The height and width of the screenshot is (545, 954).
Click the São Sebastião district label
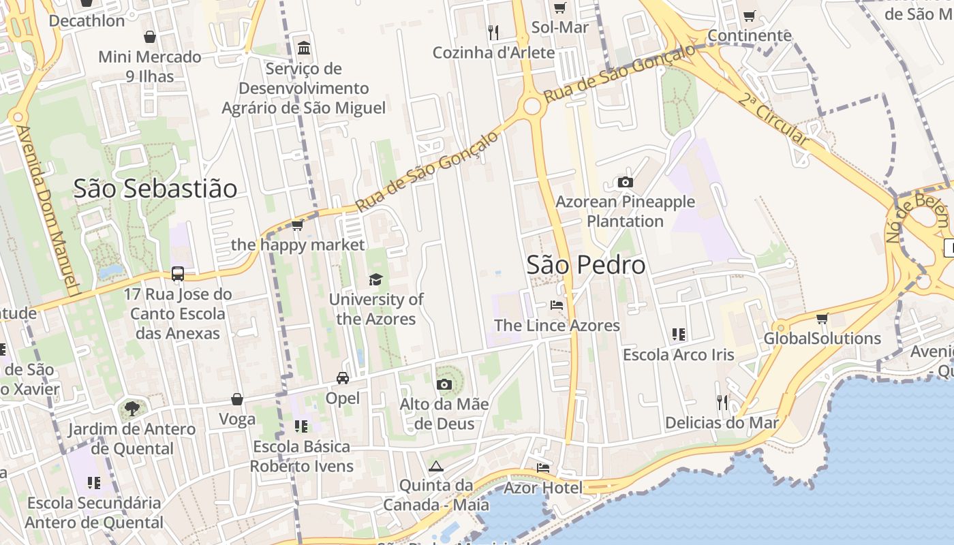coord(155,189)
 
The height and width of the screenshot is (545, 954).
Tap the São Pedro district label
coord(586,265)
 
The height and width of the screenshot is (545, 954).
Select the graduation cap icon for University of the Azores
coord(375,279)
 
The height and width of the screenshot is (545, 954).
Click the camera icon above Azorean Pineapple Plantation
coord(625,182)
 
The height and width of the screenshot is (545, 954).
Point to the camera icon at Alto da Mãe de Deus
coord(444,384)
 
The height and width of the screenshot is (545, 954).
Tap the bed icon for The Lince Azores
coord(557,305)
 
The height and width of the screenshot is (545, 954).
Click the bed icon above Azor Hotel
coord(543,468)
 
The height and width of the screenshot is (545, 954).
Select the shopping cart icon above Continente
coord(750,16)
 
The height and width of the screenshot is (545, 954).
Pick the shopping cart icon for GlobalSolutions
coord(822,318)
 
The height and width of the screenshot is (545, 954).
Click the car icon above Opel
coord(343,378)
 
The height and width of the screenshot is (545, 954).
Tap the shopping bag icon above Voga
coord(237,399)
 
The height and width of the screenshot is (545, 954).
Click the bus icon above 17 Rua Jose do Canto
coord(178,274)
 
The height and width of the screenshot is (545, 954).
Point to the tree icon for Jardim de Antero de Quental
coord(131,409)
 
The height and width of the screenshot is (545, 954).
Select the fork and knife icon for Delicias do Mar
coord(722,403)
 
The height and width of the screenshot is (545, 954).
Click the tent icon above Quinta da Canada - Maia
coord(436,466)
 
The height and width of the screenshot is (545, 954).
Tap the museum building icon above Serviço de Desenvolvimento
coord(304,48)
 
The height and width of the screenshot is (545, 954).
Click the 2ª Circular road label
coord(773,121)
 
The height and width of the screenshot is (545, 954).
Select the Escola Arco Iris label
coord(679,354)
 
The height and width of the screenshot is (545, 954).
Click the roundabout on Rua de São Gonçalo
coord(532,106)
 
